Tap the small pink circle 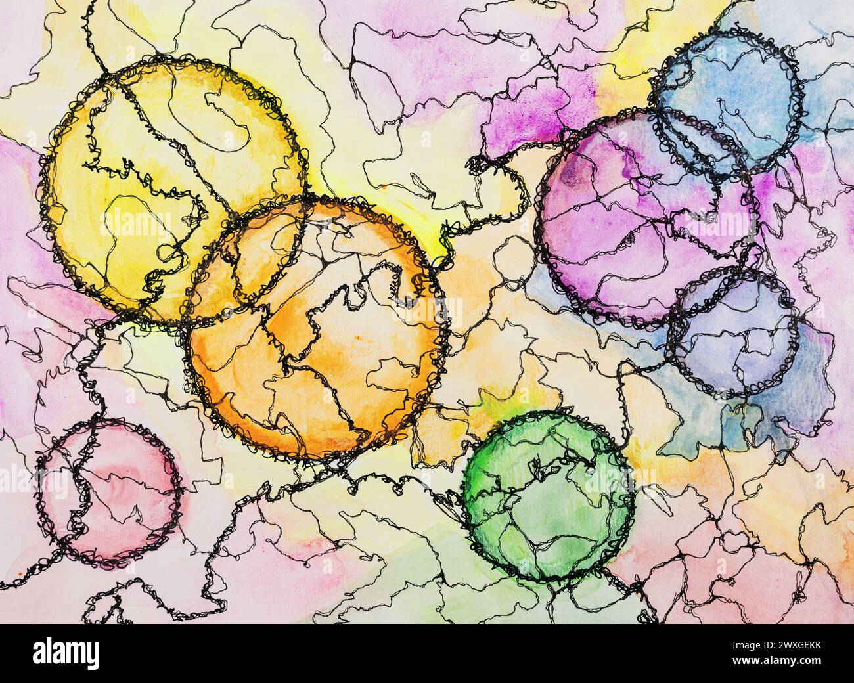coord(108,489)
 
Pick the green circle coord(549,496)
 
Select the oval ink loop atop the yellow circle coord(230,118)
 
